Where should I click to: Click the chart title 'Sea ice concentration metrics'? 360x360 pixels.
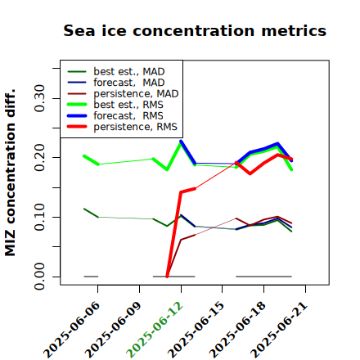tap(195, 30)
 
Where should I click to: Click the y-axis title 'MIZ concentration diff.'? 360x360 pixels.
tap(10, 173)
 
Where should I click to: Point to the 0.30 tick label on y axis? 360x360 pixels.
tap(39, 98)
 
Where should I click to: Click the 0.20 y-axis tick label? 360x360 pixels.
tap(39, 158)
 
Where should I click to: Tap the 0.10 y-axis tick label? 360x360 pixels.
tap(39, 217)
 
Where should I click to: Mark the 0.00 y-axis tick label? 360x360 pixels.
tap(39, 277)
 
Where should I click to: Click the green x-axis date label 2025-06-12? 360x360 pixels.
tap(155, 330)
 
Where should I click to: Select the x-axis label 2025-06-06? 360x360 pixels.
tap(71, 330)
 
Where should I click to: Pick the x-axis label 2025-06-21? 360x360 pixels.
tap(279, 330)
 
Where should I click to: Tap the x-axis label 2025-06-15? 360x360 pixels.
tap(196, 330)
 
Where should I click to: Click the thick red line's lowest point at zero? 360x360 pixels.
tap(167, 277)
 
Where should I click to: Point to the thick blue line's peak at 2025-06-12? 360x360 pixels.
tap(181, 142)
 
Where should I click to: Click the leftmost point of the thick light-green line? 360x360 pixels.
tap(84, 156)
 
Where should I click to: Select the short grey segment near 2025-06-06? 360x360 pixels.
tap(91, 277)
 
